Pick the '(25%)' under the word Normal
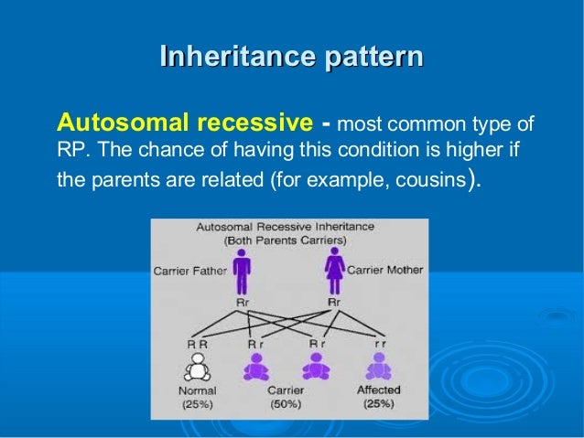point(198,403)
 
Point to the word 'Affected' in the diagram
point(377,390)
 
